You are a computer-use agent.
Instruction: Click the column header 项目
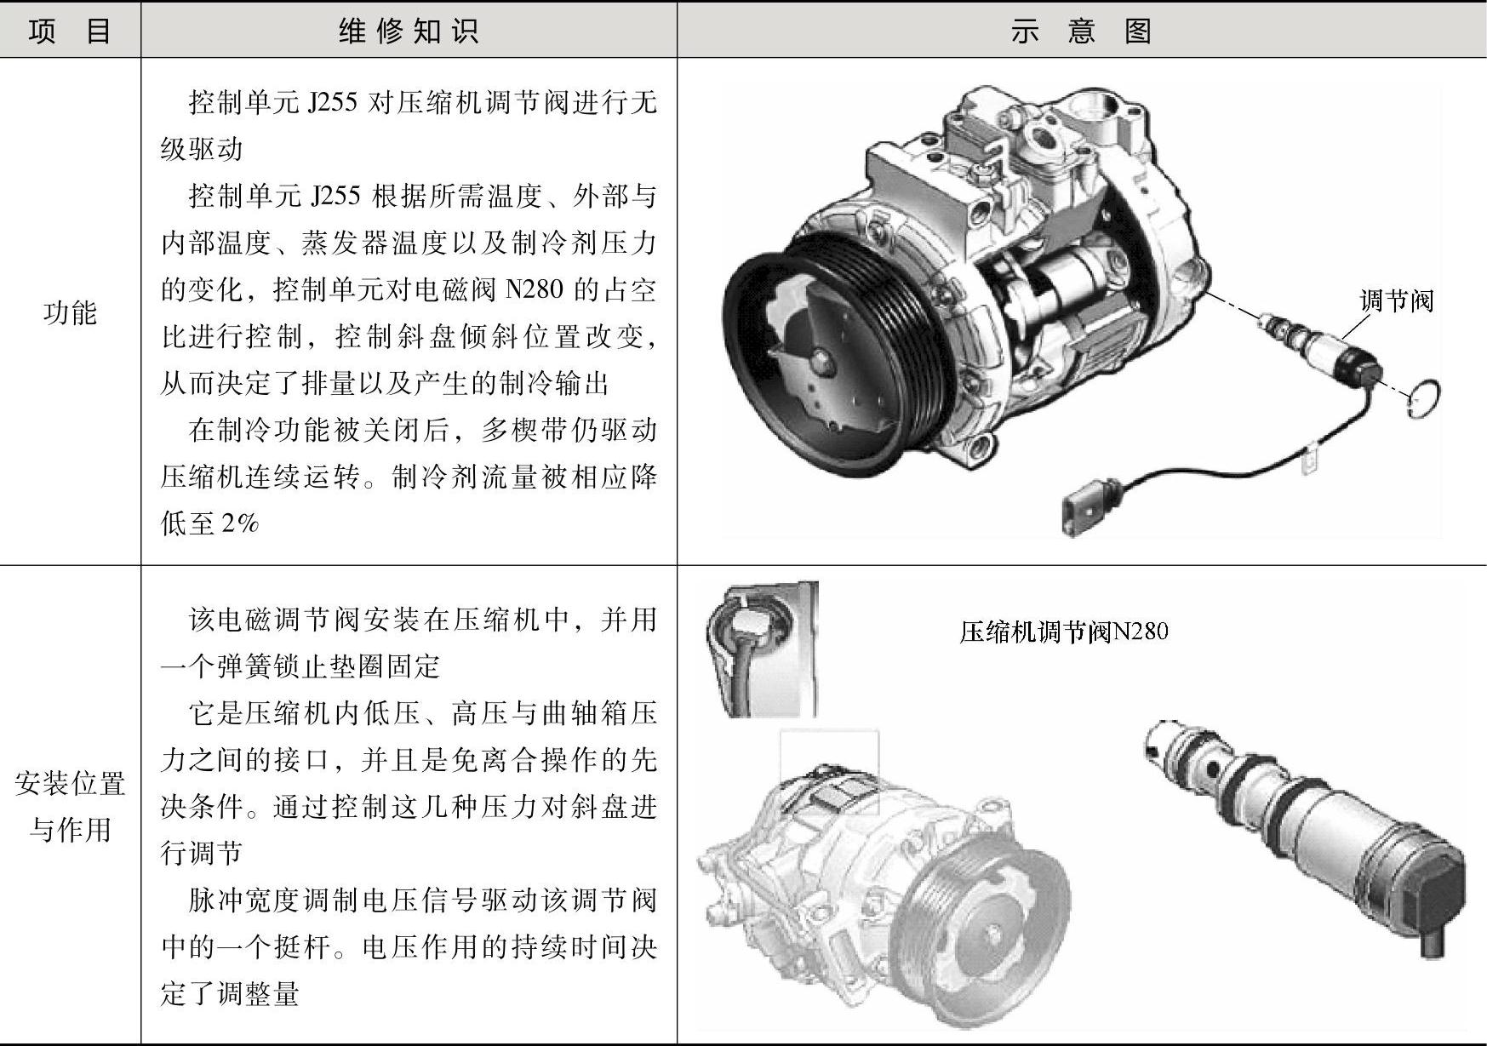(70, 31)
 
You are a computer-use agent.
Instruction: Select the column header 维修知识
(409, 31)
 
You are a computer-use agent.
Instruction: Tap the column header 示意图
(1081, 31)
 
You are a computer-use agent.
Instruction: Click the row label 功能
(70, 312)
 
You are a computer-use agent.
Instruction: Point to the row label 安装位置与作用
(70, 806)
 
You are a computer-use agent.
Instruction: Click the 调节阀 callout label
(1396, 300)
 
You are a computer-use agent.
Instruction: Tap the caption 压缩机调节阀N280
(1063, 632)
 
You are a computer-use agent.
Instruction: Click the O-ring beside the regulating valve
(1424, 398)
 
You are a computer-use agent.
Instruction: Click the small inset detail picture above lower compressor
(761, 649)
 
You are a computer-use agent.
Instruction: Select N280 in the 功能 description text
(535, 290)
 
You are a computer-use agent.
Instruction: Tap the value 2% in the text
(240, 523)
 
